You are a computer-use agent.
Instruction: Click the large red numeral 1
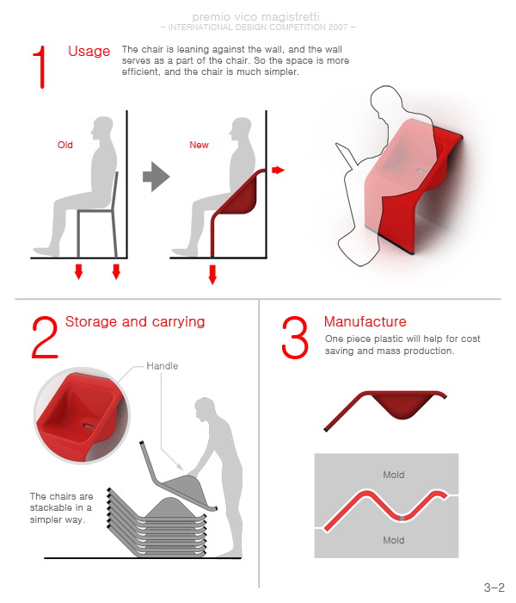tap(40, 67)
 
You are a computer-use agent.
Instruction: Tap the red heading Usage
tap(89, 52)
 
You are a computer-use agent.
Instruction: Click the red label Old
tap(64, 145)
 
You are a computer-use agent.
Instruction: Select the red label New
tap(199, 145)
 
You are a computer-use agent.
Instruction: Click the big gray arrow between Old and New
tap(156, 177)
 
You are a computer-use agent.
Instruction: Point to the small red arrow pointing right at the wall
tap(279, 170)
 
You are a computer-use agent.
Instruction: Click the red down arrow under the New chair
tap(212, 275)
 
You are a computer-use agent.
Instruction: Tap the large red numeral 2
tap(45, 338)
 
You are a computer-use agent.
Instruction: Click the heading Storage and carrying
tap(135, 322)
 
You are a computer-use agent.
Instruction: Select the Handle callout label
tap(162, 366)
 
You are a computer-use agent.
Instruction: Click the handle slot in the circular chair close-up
tap(89, 426)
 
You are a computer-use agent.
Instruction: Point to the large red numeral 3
tap(295, 338)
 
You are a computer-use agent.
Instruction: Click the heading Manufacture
tap(365, 321)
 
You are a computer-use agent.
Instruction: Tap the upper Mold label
tap(394, 475)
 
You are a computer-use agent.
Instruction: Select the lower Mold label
tap(394, 540)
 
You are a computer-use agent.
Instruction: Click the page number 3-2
tap(494, 587)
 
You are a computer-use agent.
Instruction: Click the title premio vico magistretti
tap(255, 17)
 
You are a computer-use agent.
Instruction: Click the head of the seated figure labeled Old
tap(102, 129)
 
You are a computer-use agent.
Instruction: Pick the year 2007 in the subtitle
tap(338, 28)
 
